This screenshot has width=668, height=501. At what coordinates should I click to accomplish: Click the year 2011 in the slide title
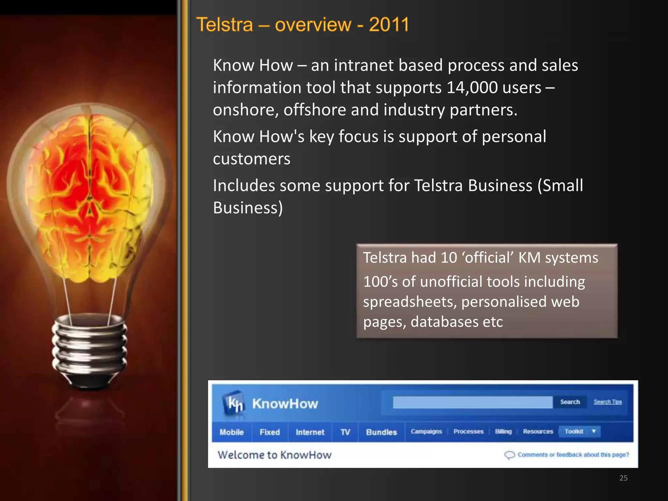point(389,25)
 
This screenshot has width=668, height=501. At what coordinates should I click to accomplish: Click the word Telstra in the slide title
point(225,25)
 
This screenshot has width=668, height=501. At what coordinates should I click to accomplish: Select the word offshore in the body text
point(314,110)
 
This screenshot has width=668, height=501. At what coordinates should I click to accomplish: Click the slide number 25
point(623,478)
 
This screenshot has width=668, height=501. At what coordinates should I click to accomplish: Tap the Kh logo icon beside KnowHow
point(234,403)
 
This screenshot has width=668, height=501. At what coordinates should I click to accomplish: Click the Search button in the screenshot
point(570,402)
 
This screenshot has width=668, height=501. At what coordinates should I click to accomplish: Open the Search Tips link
point(607,402)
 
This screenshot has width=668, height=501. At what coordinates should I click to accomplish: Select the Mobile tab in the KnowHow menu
point(232,432)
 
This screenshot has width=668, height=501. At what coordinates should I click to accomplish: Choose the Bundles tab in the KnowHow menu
point(381,432)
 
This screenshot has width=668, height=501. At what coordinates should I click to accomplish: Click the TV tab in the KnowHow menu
point(345,432)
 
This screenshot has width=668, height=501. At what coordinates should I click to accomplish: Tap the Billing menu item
point(503,432)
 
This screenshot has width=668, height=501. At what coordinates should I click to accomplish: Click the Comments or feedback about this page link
point(573,455)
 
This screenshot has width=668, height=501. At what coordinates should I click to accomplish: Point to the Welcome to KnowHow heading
point(274,455)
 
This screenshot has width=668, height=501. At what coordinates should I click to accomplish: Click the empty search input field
point(472,402)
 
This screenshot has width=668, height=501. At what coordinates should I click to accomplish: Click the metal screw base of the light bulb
point(89,349)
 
